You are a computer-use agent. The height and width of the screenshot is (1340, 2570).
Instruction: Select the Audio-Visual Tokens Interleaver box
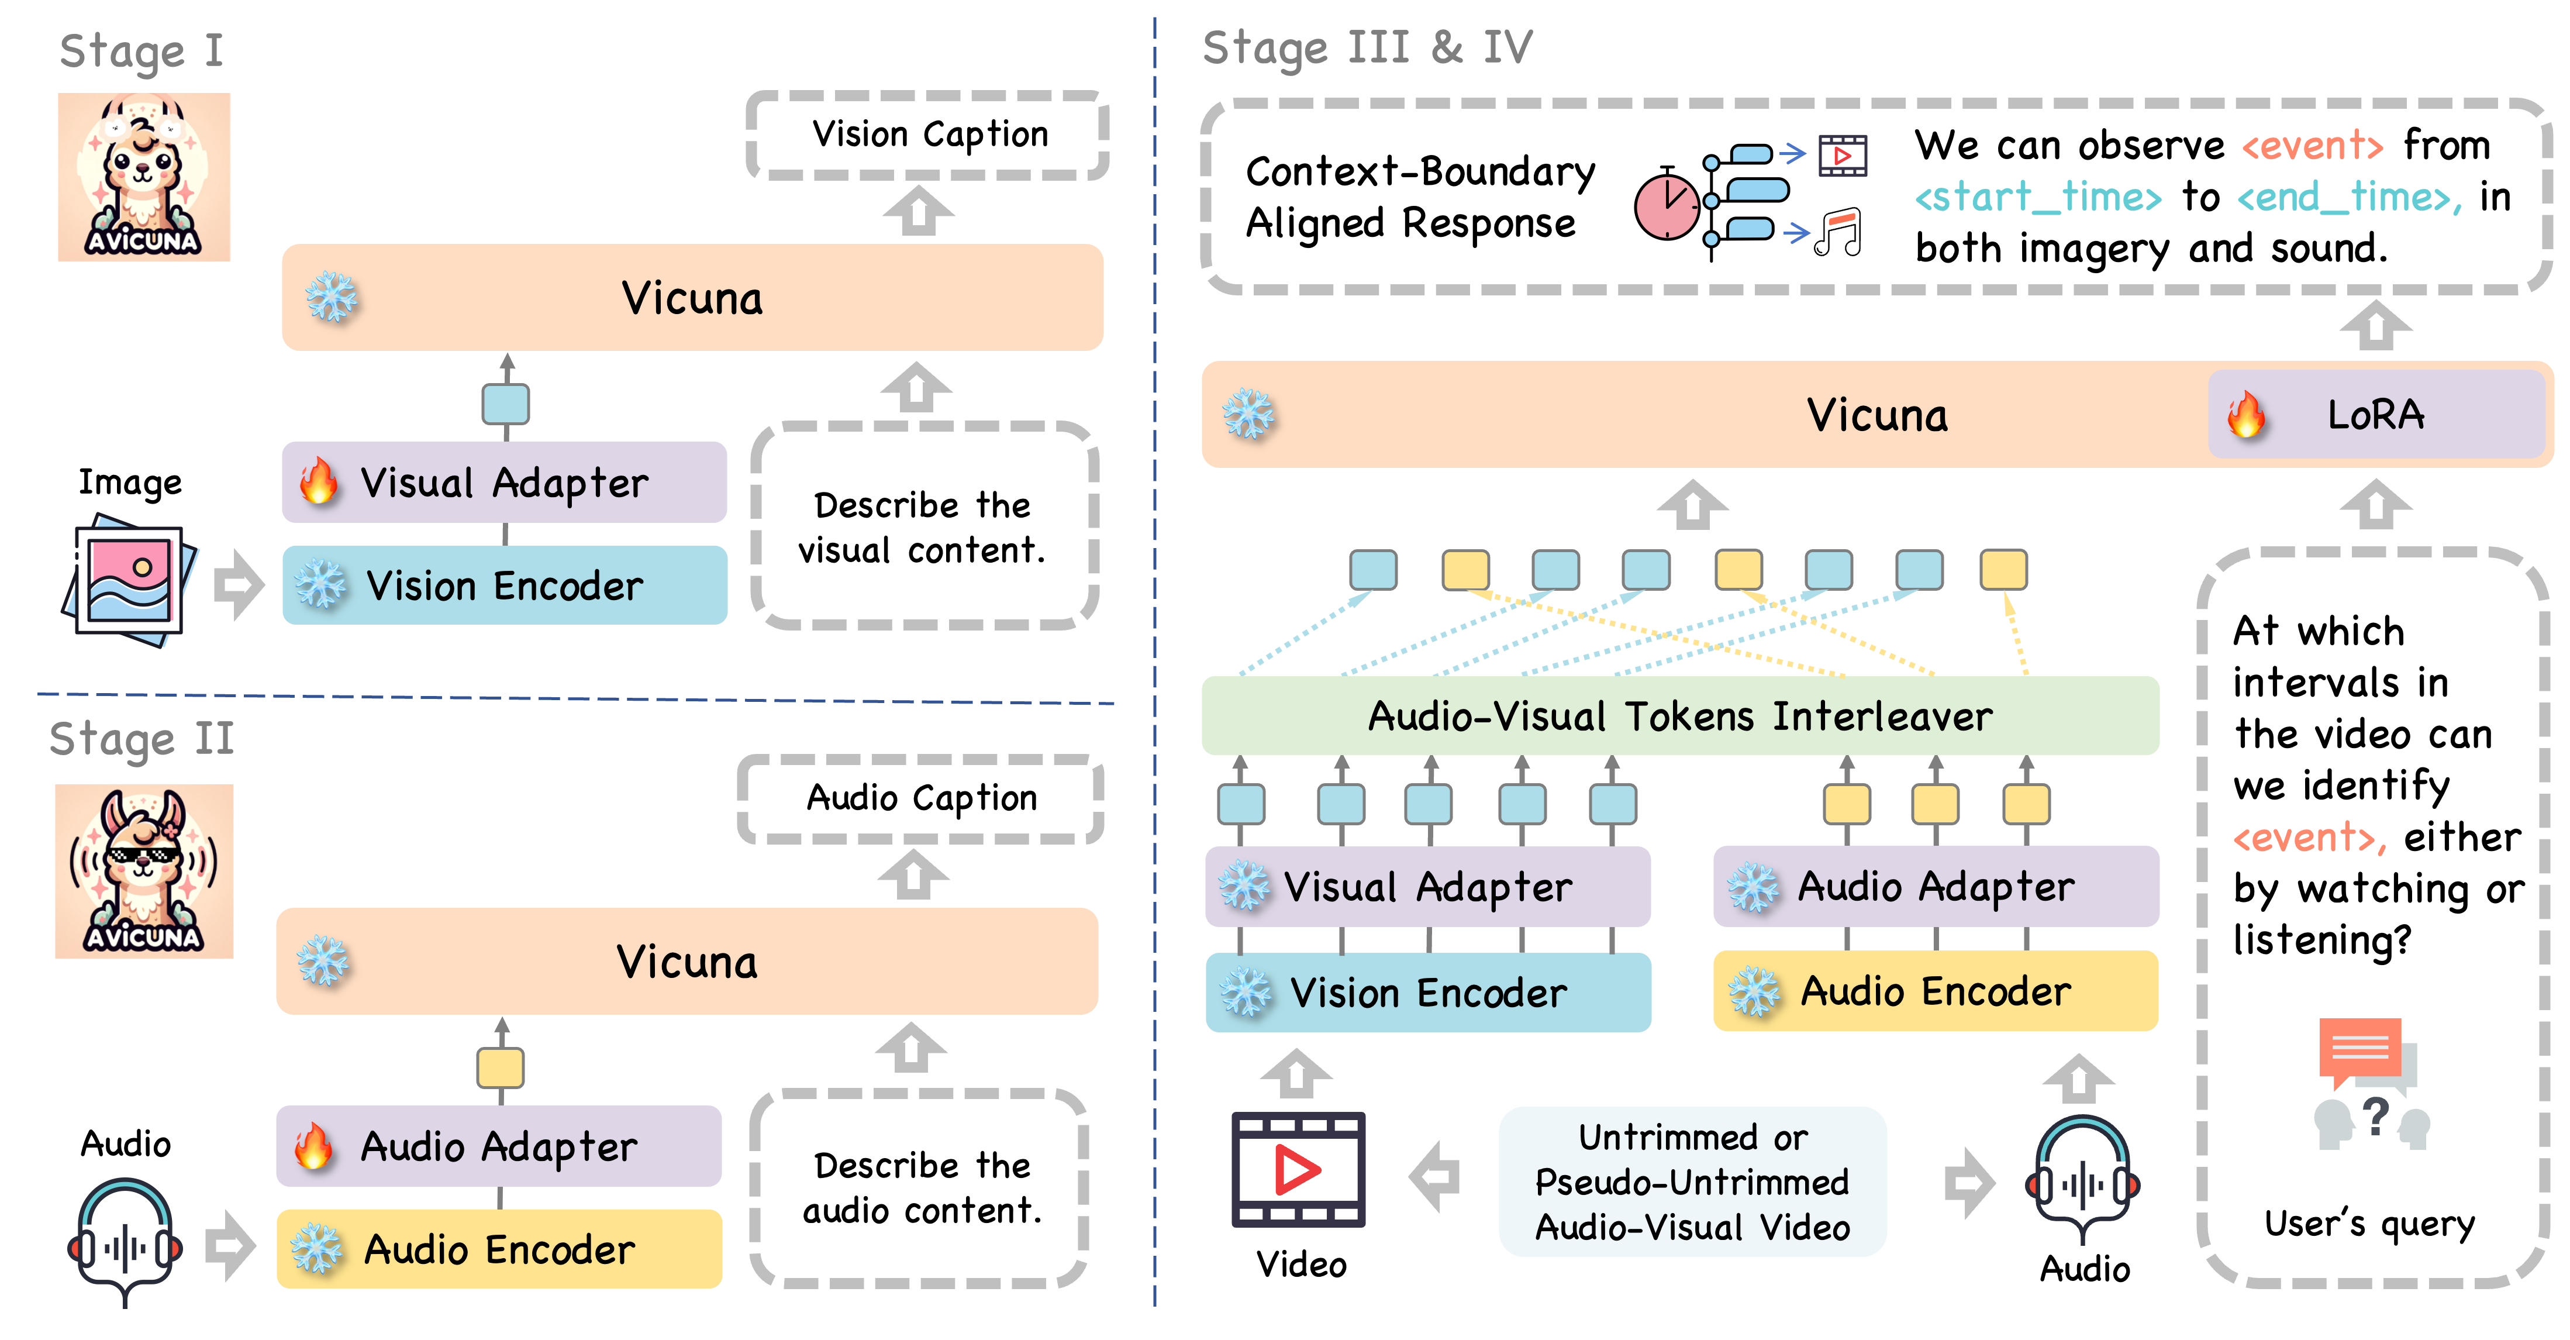click(1680, 715)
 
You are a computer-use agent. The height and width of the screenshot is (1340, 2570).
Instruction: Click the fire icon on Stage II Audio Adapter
click(313, 1145)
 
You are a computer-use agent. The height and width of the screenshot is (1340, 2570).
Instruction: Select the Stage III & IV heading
click(1367, 48)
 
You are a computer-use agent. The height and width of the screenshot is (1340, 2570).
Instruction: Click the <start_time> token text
click(2037, 197)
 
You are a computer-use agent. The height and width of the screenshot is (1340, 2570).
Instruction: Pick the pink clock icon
click(1666, 206)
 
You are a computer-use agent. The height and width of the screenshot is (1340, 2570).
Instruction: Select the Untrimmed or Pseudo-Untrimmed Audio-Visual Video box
click(1692, 1181)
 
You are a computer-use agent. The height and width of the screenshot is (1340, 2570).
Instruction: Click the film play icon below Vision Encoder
click(1298, 1169)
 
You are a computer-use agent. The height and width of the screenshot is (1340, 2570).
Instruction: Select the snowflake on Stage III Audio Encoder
click(1754, 992)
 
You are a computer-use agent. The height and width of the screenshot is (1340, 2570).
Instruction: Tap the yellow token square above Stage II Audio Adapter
click(500, 1067)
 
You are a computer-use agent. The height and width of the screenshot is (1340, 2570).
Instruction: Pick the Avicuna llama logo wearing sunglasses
click(144, 871)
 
